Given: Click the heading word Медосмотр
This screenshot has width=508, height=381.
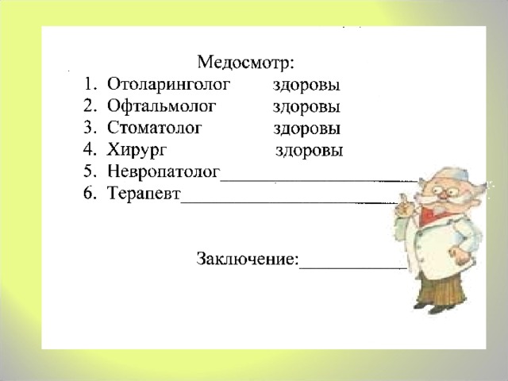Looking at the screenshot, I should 248,60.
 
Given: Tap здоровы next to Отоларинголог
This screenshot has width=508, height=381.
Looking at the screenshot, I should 308,84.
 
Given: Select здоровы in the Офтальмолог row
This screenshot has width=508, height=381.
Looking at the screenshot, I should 308,106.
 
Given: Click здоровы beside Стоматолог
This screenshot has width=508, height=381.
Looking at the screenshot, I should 308,129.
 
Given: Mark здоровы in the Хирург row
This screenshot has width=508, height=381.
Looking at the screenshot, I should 310,151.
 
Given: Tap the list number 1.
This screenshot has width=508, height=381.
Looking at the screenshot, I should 89,83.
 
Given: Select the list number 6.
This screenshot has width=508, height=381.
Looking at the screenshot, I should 90,194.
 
